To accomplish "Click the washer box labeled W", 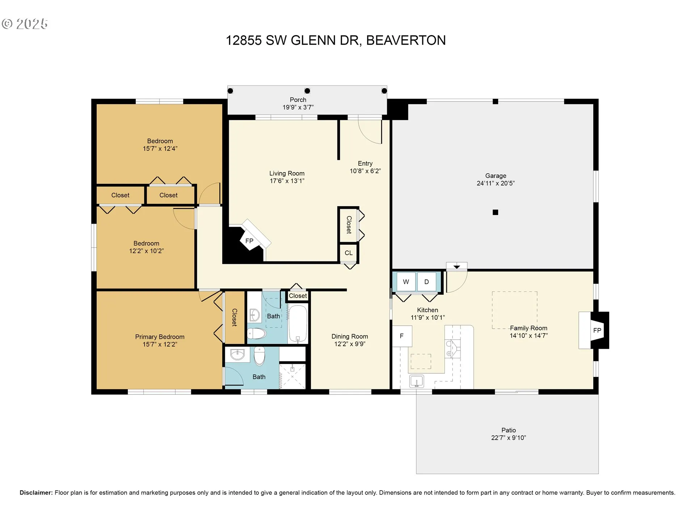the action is [406, 282].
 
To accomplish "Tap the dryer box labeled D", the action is [426, 282].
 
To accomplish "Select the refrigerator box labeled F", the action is [402, 336].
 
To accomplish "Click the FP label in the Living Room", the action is [249, 241].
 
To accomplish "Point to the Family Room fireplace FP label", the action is [597, 330].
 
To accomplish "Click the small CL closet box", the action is [349, 253].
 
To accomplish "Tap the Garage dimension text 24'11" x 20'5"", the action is [496, 183].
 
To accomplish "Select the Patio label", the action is [509, 430].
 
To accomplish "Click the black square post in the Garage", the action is [496, 212].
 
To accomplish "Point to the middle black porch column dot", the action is [307, 91].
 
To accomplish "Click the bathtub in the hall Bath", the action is [298, 324].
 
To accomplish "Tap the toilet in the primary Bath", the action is [260, 356].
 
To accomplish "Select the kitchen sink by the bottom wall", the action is [417, 381].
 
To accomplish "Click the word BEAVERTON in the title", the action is [406, 40].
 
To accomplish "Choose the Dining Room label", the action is [350, 336].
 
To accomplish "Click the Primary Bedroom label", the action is [160, 337].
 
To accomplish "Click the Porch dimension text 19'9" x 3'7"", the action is [298, 107].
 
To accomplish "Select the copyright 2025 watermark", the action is [25, 24].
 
